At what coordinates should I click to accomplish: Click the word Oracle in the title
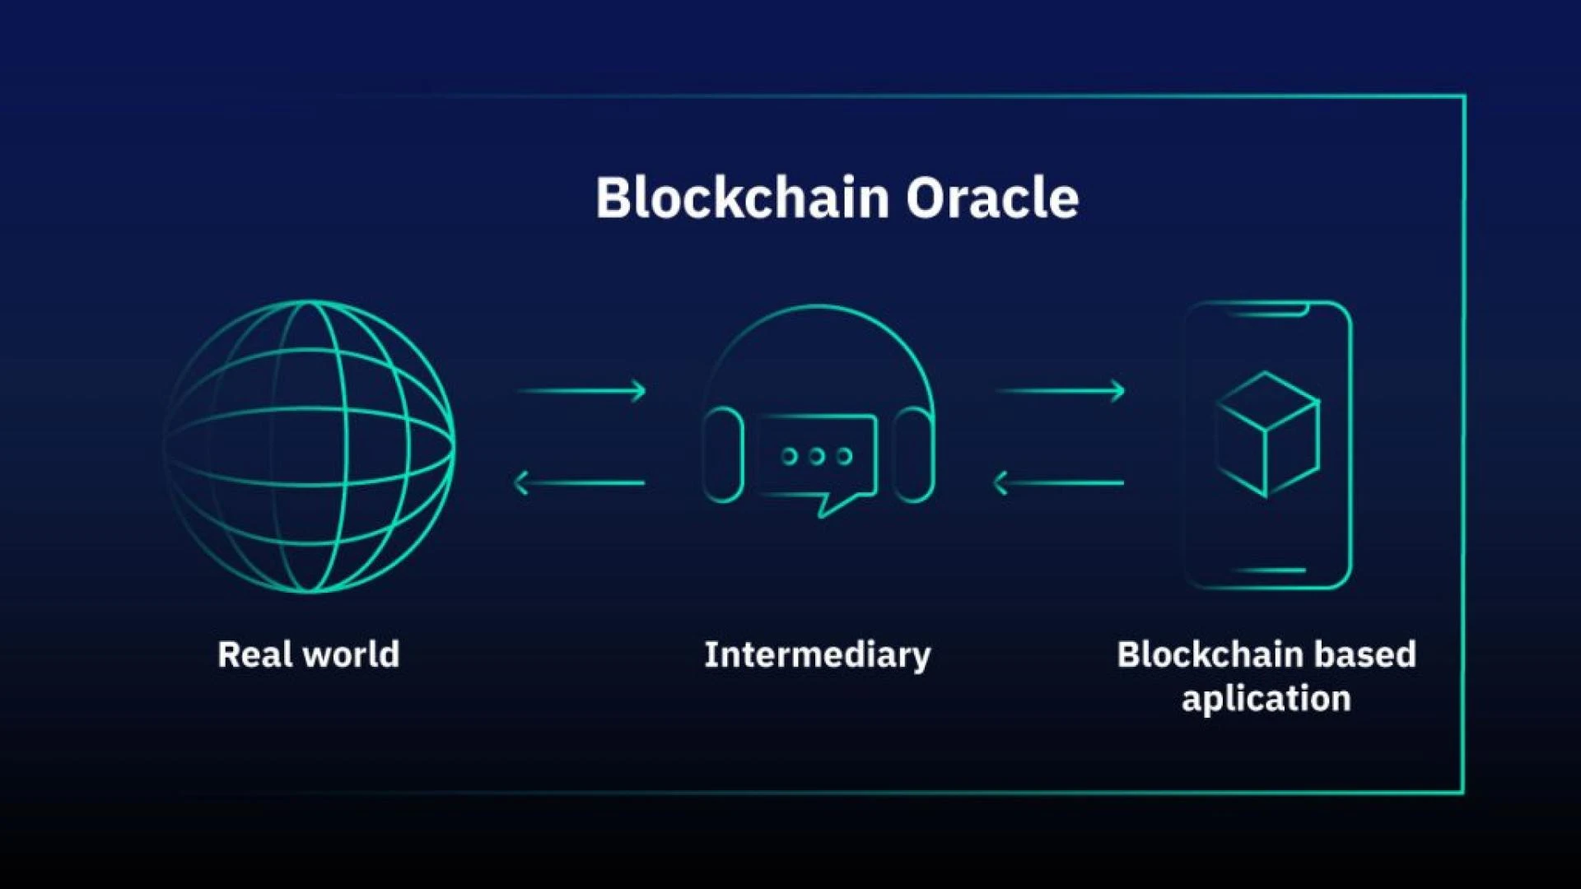pos(992,198)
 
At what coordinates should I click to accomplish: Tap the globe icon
pos(310,446)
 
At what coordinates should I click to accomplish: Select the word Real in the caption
pos(254,655)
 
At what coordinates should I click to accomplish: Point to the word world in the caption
pos(352,655)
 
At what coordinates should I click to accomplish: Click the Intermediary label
pos(817,655)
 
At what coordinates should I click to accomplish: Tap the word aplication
pos(1266,699)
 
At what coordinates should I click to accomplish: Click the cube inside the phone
pos(1268,434)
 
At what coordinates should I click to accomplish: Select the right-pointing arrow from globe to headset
pos(581,390)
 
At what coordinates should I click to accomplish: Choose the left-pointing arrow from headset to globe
pos(580,482)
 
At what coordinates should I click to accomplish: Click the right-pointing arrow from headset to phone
pos(1061,390)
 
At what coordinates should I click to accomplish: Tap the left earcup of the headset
pos(723,454)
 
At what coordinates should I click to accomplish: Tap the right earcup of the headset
pos(913,454)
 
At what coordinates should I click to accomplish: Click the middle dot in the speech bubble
pos(817,456)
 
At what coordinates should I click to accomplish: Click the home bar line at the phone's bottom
pos(1269,570)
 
